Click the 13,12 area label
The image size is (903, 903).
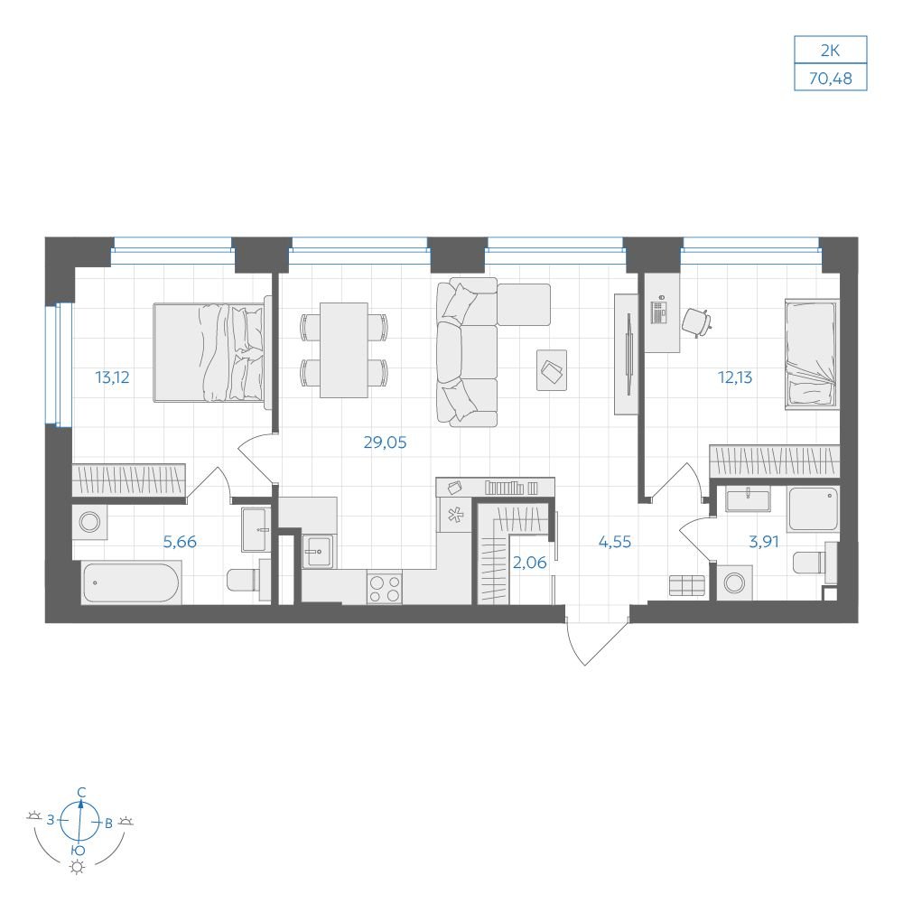coord(112,377)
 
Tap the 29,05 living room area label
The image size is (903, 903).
coord(385,442)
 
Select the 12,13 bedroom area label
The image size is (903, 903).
coord(735,377)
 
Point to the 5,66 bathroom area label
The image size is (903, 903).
coord(180,542)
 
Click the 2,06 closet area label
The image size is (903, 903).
coord(529,562)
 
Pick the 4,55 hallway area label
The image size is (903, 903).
coord(614,542)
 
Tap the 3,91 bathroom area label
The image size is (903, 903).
coord(764,542)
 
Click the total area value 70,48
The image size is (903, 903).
coord(831,78)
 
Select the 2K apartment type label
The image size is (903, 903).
coord(831,51)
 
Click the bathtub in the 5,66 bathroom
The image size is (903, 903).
coord(131,582)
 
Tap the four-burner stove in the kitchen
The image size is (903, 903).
coord(384,589)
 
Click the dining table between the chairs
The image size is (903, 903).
coord(344,350)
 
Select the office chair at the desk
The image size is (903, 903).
coord(697,322)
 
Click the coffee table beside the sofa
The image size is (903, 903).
coord(552,370)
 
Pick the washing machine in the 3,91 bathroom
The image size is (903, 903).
coord(734,582)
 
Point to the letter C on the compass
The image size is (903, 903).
coord(82,792)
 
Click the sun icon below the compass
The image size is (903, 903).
coord(77,867)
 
